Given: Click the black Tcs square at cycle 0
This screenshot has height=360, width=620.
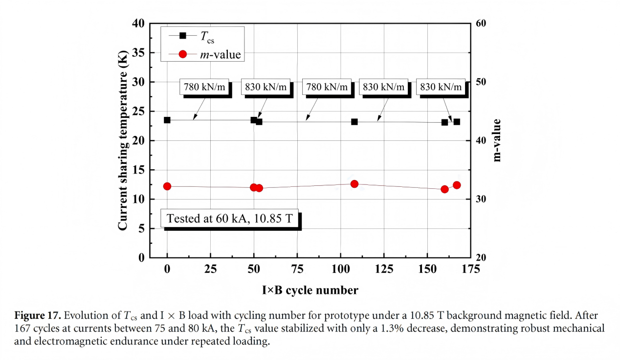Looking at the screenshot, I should pos(167,120).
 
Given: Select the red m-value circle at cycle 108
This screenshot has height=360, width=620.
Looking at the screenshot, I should pos(354,184).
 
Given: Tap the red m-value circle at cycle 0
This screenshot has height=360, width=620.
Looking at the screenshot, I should pos(167,186).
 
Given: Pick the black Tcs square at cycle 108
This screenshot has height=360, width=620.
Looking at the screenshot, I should pos(354,121).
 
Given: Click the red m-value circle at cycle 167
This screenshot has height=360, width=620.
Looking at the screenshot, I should pos(457,185).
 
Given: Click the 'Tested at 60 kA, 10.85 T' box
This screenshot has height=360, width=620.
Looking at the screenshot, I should pos(230,219).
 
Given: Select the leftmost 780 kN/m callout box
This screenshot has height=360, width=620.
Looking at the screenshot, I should pos(204,87).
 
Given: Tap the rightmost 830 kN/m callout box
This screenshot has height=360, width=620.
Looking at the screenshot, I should pos(441,87).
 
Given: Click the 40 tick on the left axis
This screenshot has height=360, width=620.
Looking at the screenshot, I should pos(139,23).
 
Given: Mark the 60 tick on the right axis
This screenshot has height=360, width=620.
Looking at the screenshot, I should pos(481,23).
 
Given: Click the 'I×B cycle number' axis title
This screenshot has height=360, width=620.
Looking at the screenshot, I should pos(310,291).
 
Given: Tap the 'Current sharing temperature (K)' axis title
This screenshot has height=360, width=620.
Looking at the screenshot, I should pos(123,140).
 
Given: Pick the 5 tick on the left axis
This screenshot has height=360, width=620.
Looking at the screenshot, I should pos(141,228).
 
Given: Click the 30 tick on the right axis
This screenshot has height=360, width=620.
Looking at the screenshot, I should pos(481,199).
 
